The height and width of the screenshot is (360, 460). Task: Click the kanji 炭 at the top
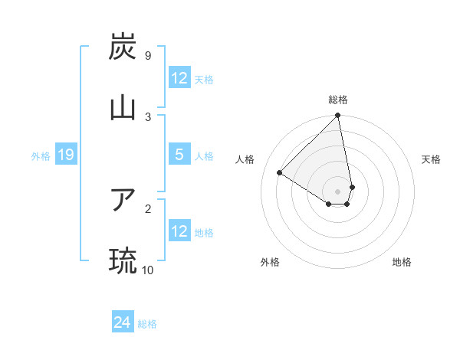point(123,47)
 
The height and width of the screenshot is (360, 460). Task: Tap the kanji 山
point(123,107)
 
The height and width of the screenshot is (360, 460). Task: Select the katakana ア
point(123,200)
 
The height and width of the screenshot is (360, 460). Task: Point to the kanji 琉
point(123,260)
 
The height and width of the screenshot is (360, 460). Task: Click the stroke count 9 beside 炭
point(147,56)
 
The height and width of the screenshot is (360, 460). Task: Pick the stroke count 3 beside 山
point(147,116)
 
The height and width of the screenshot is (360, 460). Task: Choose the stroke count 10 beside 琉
point(148,270)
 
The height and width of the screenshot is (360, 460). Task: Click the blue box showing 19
point(65,155)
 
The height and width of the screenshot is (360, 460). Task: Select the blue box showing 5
point(179,155)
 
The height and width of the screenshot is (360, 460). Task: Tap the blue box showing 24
point(122,323)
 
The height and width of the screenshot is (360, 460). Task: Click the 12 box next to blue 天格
point(179,78)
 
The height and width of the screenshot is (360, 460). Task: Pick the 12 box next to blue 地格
point(179,231)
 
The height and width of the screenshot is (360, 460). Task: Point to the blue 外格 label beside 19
point(41,156)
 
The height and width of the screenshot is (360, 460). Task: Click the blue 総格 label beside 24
point(147,324)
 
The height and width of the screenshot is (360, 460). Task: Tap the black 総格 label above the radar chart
point(338,100)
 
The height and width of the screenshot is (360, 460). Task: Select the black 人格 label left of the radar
point(245,159)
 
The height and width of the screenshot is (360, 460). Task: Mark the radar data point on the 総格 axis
point(338,116)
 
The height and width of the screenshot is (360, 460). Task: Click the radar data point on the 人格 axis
point(280,173)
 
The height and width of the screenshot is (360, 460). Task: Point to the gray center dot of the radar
point(338,191)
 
